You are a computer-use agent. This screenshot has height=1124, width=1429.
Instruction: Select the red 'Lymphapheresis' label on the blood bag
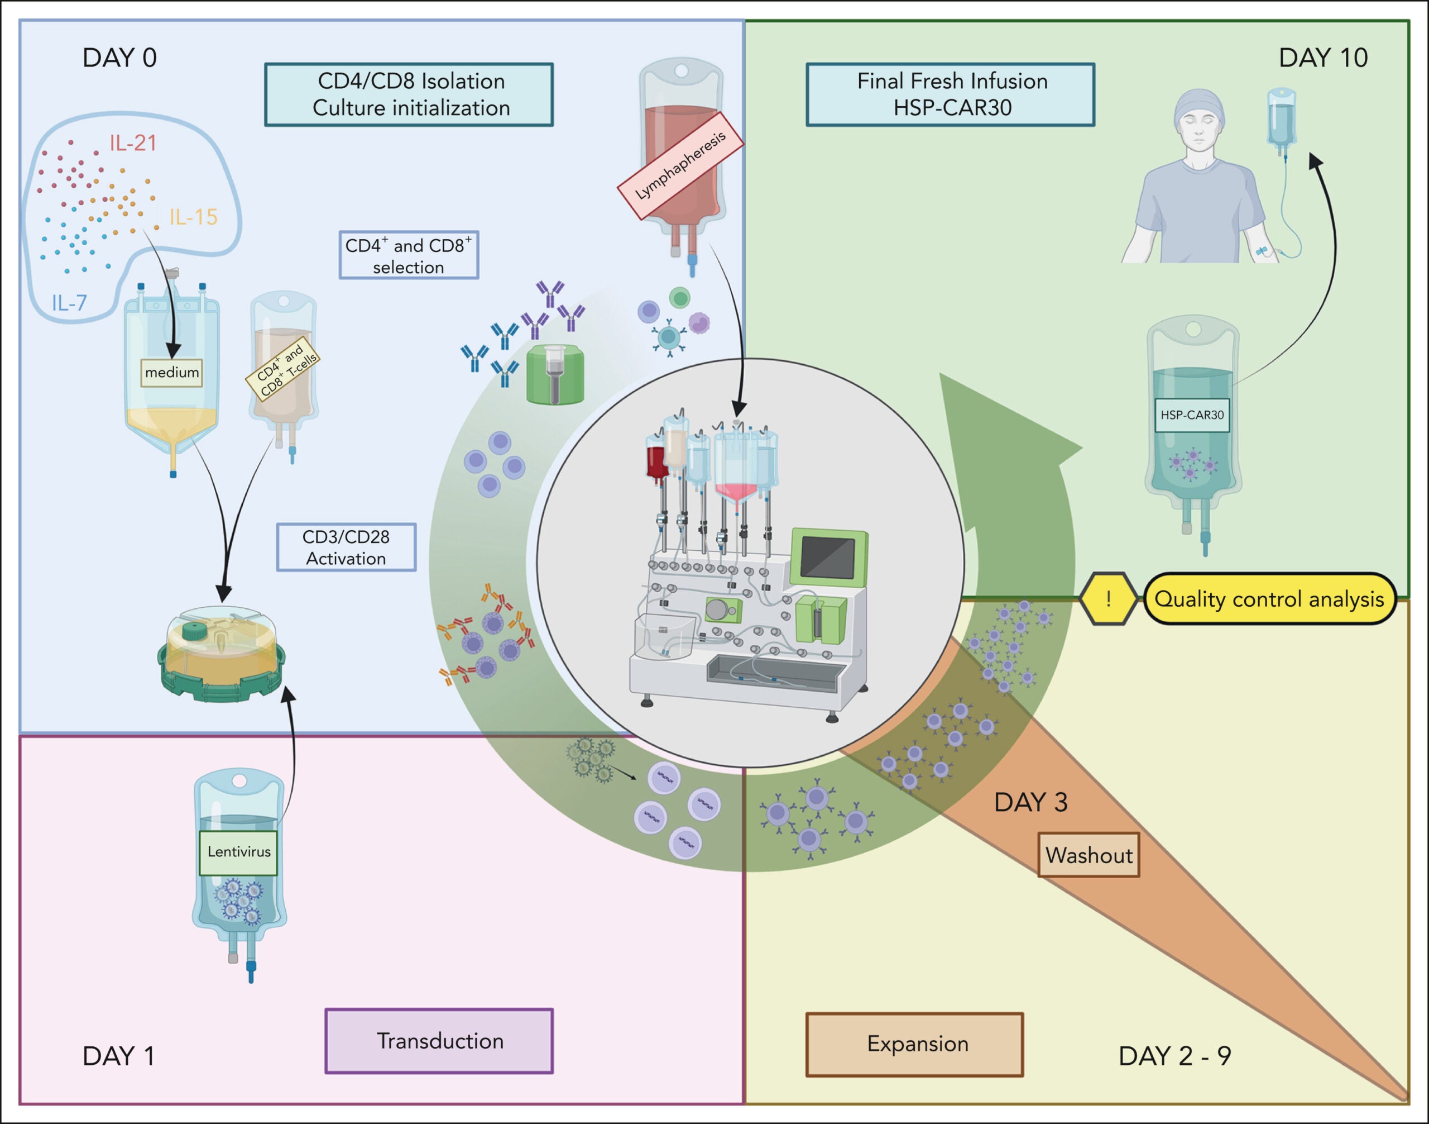point(680,166)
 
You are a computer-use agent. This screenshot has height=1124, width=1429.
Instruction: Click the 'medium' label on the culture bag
point(171,373)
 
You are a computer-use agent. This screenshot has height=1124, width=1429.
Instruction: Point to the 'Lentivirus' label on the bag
point(239,852)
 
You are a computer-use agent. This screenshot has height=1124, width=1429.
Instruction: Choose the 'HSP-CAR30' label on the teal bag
point(1192,415)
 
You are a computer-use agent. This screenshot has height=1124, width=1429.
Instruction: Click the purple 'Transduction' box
point(439,1041)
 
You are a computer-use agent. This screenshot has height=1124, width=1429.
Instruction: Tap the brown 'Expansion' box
point(915,1044)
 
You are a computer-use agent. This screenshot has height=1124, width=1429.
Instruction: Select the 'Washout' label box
point(1088,855)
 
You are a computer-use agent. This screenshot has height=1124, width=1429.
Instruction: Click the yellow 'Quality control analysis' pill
point(1269,599)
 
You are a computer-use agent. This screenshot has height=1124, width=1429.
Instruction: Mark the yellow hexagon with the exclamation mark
point(1108,599)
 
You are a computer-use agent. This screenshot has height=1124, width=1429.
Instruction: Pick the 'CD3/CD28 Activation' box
point(346,547)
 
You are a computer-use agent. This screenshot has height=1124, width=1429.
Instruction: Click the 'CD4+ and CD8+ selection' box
point(409,255)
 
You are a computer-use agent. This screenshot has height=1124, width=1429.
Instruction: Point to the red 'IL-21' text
point(133,143)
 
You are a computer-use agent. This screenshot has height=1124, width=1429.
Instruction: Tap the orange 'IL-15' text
point(193,217)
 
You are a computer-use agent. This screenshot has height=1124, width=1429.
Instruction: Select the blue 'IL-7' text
point(69,303)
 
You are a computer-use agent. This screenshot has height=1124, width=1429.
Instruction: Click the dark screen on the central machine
point(827,557)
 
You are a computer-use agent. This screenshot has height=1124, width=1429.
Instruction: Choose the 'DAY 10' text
point(1323,58)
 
